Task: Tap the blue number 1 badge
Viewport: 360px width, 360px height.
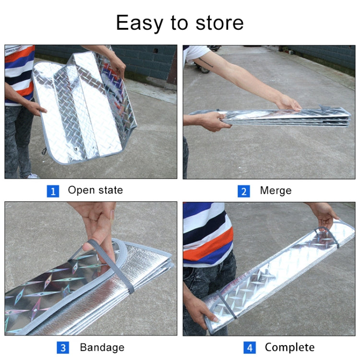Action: [x=52, y=191]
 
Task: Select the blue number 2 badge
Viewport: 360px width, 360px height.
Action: [x=244, y=191]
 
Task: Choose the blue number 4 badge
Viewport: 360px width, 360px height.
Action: [x=250, y=348]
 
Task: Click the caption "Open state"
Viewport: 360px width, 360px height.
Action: [x=95, y=190]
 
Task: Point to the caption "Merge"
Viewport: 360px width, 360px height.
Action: [x=276, y=191]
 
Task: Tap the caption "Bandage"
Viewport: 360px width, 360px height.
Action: [x=102, y=347]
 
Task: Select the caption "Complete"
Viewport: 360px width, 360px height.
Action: [x=289, y=347]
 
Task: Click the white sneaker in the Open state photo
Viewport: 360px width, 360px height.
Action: [x=32, y=176]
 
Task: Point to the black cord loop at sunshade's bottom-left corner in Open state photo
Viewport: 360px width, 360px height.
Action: [x=45, y=152]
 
